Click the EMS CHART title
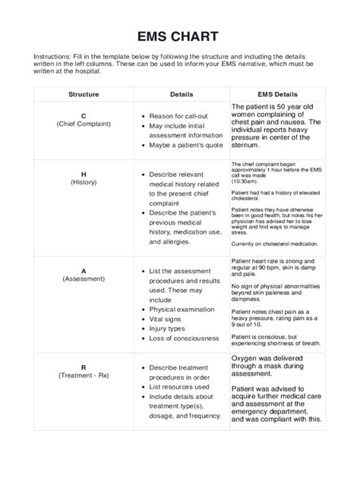point(179,36)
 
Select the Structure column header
point(83,94)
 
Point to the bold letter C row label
point(83,115)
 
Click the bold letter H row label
point(83,174)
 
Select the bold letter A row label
point(83,270)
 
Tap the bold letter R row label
point(83,367)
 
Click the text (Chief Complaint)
point(83,124)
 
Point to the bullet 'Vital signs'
point(170,319)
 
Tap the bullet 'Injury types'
point(172,329)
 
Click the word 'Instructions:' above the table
point(53,58)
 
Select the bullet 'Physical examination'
point(188,310)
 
